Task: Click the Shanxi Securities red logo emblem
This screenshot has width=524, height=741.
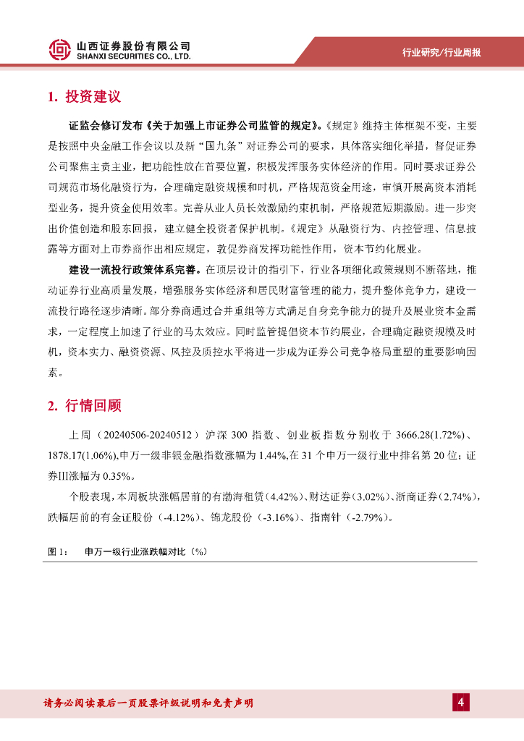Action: pyautogui.click(x=60, y=48)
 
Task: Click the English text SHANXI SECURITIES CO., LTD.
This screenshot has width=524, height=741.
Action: pyautogui.click(x=134, y=56)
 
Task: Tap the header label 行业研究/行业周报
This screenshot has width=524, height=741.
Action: pyautogui.click(x=441, y=52)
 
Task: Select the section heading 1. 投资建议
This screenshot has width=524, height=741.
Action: pyautogui.click(x=84, y=97)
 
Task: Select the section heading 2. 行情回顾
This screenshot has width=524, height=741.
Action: pyautogui.click(x=84, y=406)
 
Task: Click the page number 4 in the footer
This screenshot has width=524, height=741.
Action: pyautogui.click(x=460, y=702)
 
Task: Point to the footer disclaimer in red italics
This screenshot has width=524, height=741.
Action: pyautogui.click(x=148, y=703)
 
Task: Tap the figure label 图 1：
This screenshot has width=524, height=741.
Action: pyautogui.click(x=58, y=551)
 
